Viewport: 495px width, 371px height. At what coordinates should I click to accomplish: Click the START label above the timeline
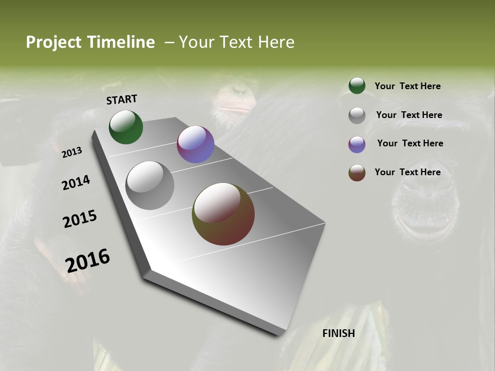[x=122, y=99]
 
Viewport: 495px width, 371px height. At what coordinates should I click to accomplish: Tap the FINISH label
[x=339, y=333]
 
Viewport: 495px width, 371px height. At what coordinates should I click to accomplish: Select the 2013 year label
[x=72, y=153]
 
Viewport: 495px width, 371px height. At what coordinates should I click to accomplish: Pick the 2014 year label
[x=76, y=183]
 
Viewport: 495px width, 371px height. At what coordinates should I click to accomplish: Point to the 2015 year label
[x=80, y=219]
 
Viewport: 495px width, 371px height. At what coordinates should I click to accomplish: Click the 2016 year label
[x=88, y=260]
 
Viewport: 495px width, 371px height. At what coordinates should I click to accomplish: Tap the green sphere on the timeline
[x=126, y=127]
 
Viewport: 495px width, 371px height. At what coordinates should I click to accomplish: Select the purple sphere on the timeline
[x=195, y=144]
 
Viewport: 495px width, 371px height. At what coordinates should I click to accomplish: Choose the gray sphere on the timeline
[x=150, y=185]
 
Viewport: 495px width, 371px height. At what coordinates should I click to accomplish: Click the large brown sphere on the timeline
[x=223, y=214]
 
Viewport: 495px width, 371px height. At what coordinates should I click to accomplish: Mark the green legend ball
[x=357, y=86]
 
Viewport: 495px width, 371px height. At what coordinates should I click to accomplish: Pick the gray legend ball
[x=357, y=115]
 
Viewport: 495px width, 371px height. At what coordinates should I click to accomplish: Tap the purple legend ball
[x=357, y=144]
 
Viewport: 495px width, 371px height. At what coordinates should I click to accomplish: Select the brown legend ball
[x=357, y=173]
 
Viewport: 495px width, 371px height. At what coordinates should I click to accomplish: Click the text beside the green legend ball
[x=408, y=86]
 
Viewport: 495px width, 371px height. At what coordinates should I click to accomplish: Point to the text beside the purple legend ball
[x=410, y=143]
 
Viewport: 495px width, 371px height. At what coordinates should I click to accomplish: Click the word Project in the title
[x=54, y=42]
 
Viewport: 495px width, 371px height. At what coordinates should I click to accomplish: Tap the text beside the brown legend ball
[x=408, y=172]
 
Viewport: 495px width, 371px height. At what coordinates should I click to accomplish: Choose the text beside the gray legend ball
[x=409, y=115]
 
